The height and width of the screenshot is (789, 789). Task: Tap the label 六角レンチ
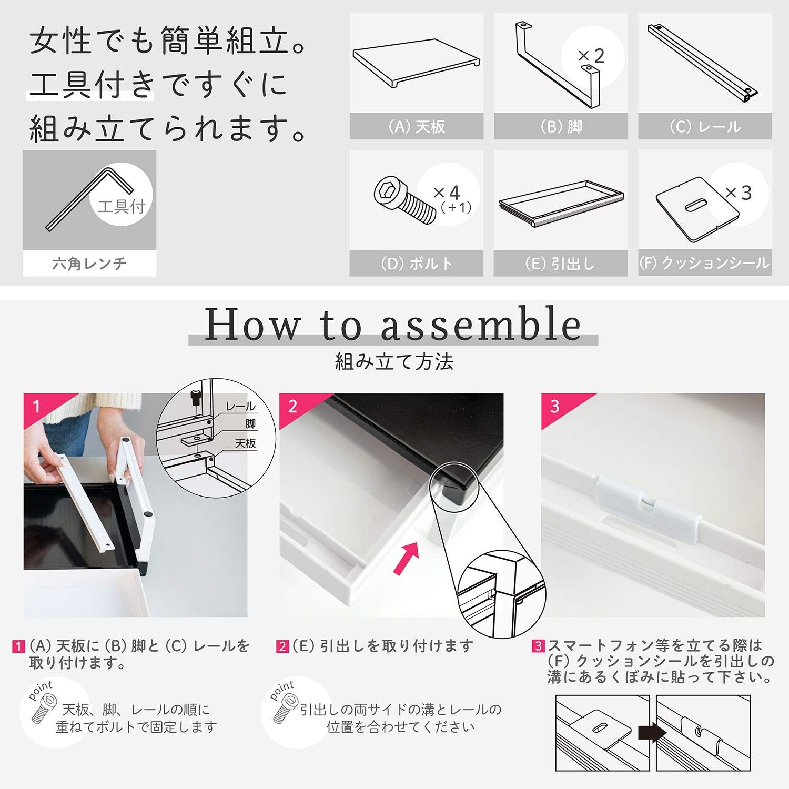point(89,263)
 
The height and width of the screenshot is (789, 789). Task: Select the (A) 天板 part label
point(417,127)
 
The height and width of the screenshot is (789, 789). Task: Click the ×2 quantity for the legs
point(591,56)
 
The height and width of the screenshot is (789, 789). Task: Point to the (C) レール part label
point(705,127)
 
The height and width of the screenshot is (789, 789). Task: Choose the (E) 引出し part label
point(560,264)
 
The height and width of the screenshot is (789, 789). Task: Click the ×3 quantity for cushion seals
point(739,193)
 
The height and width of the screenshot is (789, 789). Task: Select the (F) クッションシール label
point(705,263)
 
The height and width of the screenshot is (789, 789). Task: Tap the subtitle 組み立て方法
point(394,362)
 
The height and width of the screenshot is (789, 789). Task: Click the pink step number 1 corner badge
point(37,406)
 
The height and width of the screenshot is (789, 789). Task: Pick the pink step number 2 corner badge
point(293,406)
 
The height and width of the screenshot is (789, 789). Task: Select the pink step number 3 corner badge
point(555,406)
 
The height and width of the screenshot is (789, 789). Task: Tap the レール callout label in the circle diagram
point(240,407)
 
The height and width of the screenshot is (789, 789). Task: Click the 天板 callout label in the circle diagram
point(245,443)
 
